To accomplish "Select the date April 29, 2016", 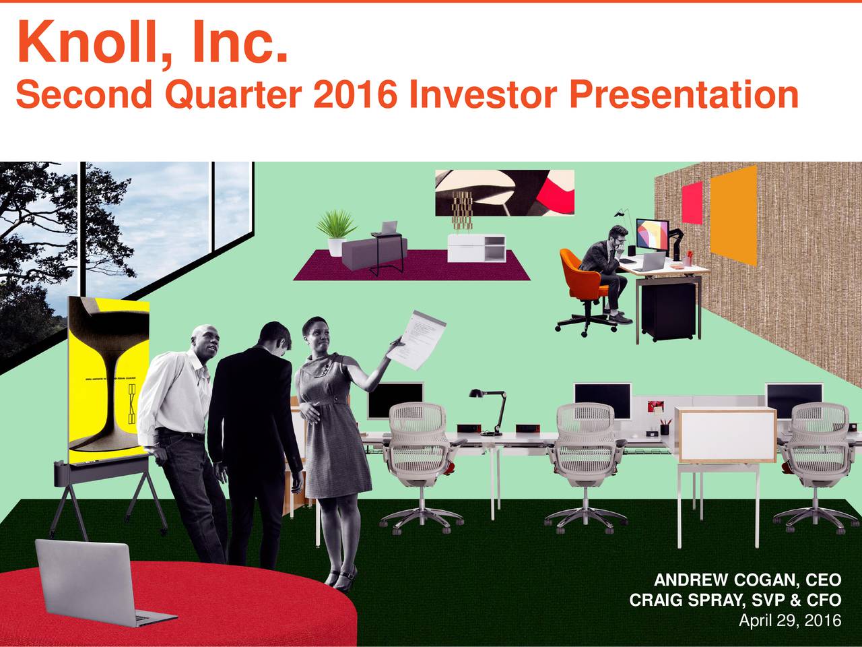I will (x=789, y=621).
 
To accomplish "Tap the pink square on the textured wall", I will (x=692, y=202).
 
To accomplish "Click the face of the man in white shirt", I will (x=206, y=342).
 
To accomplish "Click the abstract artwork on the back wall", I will (x=505, y=192).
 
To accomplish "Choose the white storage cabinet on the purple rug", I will (x=476, y=249).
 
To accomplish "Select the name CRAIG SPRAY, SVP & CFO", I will (x=735, y=600).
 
